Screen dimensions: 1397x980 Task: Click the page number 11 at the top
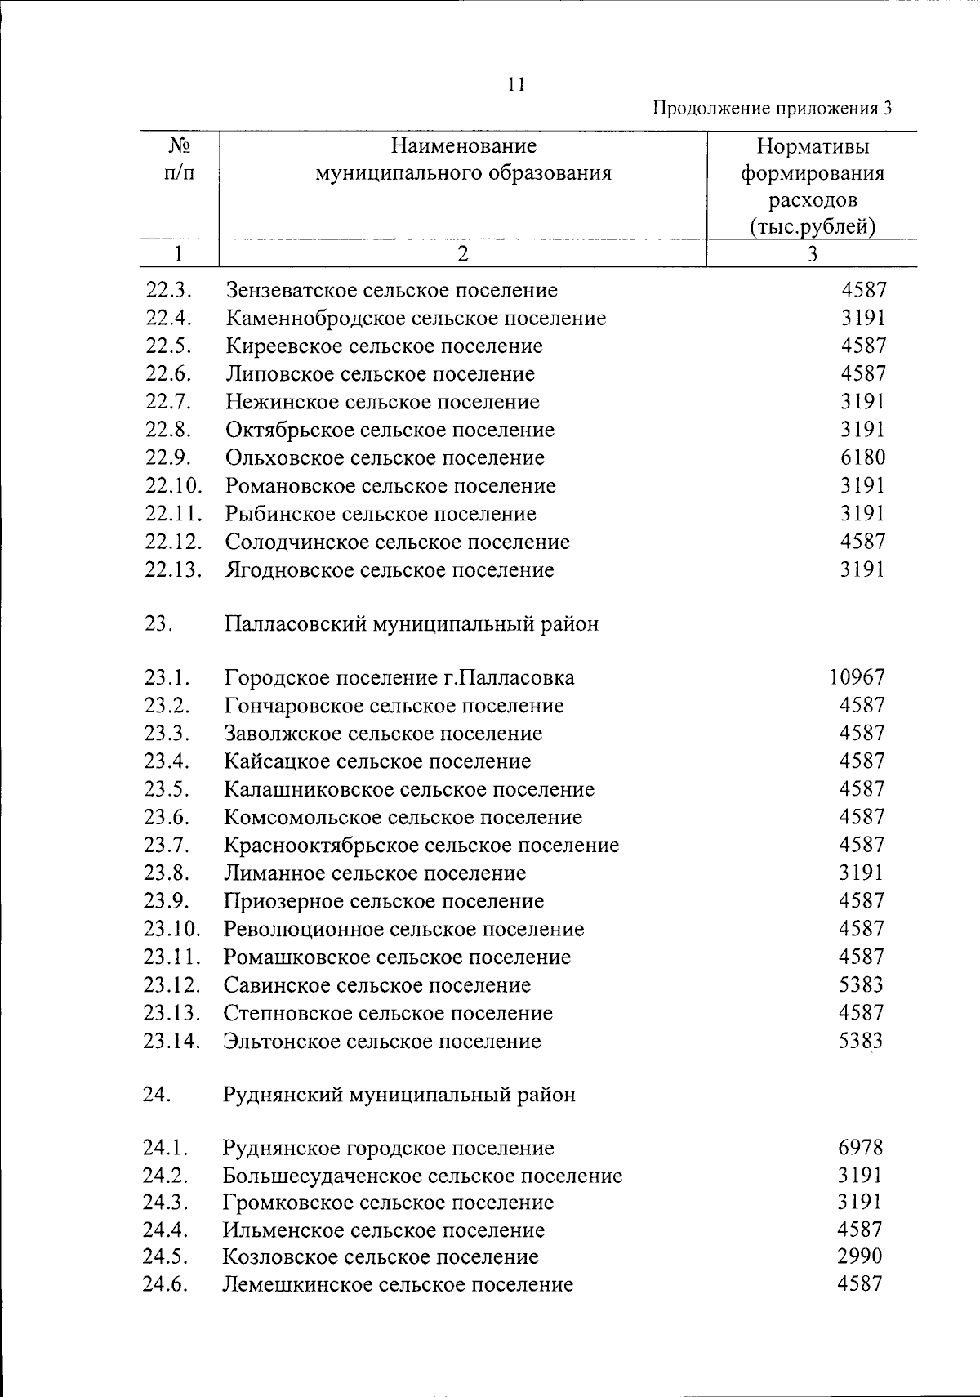(x=515, y=84)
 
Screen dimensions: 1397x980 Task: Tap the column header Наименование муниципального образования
(x=463, y=160)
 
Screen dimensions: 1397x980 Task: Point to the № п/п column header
(x=179, y=160)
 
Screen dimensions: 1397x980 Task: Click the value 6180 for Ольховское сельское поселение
(x=863, y=457)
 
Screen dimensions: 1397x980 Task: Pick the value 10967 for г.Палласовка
(x=856, y=677)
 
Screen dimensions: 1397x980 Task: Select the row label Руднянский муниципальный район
(x=399, y=1095)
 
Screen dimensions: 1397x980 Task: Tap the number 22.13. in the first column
(x=172, y=570)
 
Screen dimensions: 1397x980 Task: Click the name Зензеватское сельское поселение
(x=392, y=290)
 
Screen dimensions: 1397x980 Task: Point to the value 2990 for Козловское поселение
(x=860, y=1256)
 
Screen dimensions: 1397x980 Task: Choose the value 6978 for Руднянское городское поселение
(x=860, y=1148)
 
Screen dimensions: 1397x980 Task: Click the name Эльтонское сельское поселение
(x=382, y=1042)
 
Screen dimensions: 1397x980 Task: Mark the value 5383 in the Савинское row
(x=861, y=985)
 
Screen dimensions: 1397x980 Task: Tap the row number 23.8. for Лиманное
(x=167, y=873)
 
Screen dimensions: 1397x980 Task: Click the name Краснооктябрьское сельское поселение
(x=421, y=846)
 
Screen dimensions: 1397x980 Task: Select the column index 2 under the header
(x=463, y=254)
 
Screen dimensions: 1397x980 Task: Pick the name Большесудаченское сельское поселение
(x=422, y=1176)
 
